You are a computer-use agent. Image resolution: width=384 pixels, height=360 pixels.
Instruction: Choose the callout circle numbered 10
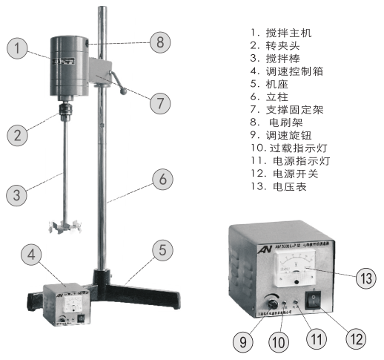pyautogui.click(x=276, y=343)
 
